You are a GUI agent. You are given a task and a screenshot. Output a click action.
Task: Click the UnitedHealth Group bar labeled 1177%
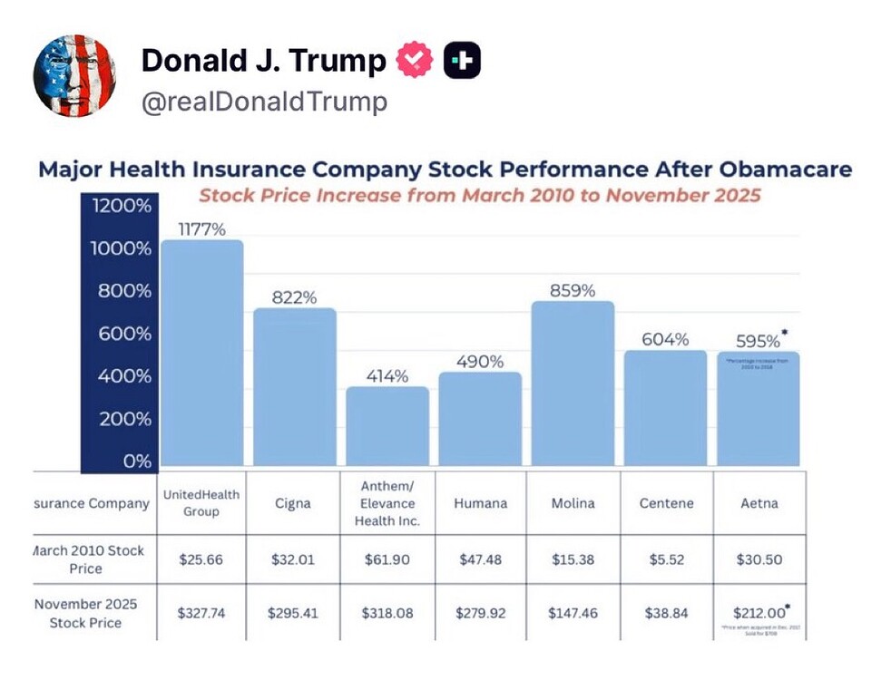201,354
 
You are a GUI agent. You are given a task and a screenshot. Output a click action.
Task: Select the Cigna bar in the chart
294,387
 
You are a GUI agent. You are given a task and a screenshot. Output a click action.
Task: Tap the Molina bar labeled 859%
573,384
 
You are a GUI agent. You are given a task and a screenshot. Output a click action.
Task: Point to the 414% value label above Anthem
387,375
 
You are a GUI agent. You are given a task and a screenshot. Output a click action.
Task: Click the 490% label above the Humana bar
480,362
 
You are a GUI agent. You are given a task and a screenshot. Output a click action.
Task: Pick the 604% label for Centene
665,339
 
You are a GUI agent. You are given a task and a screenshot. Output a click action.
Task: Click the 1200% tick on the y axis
118,206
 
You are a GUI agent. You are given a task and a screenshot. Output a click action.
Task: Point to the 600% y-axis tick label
118,334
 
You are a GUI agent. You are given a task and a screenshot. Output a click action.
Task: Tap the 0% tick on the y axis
137,461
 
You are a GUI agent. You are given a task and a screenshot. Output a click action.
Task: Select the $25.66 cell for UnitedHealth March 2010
201,559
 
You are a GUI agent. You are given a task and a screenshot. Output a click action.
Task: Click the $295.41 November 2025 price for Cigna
293,613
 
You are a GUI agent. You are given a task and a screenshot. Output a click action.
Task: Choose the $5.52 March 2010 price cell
665,559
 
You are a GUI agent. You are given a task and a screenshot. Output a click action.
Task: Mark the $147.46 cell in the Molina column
572,613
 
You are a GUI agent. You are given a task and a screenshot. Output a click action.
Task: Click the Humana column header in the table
479,503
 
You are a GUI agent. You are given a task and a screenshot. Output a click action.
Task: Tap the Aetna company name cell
758,503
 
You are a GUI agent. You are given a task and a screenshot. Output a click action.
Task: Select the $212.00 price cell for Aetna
758,612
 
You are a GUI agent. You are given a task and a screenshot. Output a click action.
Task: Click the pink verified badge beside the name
416,61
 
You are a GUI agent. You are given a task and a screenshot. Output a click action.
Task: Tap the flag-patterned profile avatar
74,76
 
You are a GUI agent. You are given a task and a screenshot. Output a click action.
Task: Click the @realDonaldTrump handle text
264,102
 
